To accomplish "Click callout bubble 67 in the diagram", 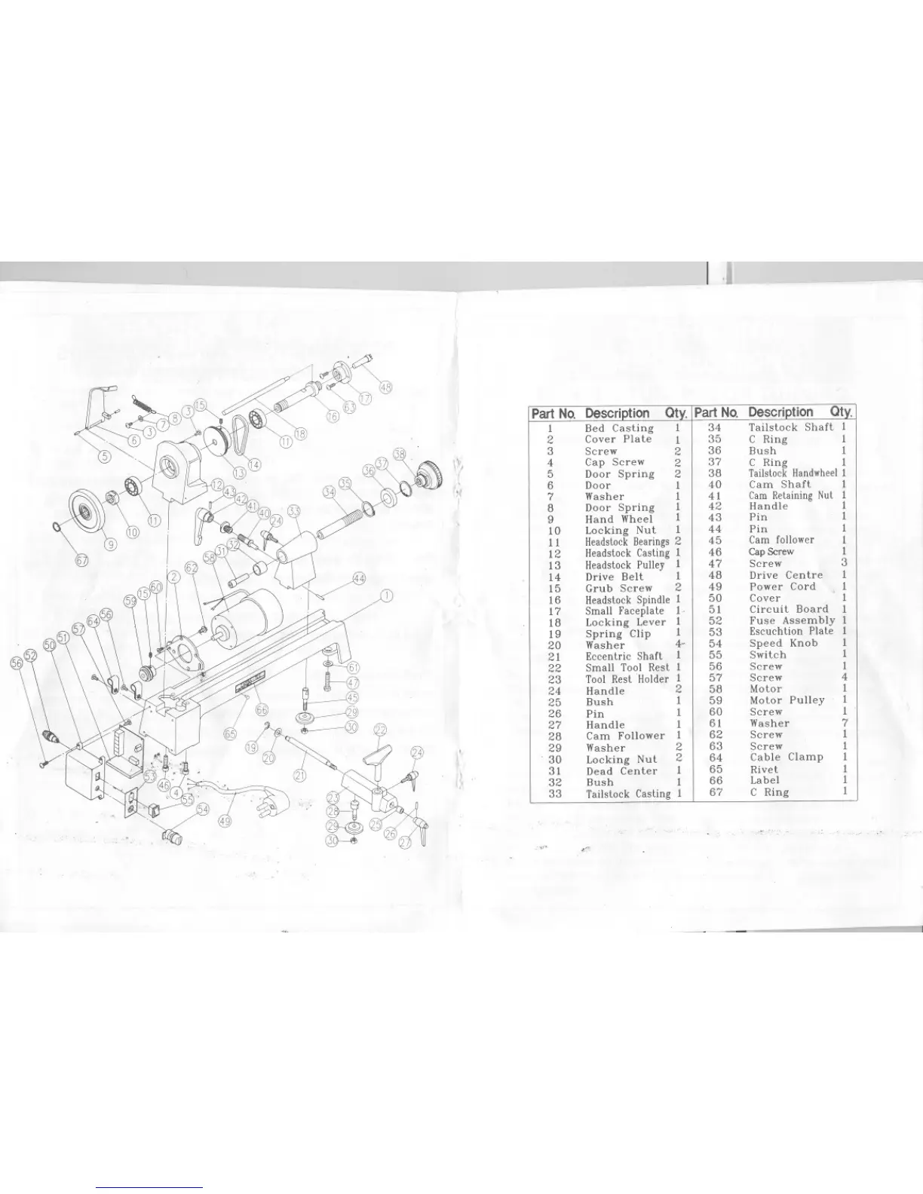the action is (82, 559).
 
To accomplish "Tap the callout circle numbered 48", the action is (385, 387).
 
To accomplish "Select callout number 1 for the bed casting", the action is (386, 597).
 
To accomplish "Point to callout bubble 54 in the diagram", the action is (203, 809).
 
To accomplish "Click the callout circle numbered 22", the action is (380, 730).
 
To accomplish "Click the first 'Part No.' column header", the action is (553, 413).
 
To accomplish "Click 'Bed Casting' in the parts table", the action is (619, 427).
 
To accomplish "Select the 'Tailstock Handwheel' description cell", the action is (793, 473).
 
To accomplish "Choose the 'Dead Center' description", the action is (621, 771).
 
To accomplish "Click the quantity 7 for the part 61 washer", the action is (845, 723).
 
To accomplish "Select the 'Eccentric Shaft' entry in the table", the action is (624, 656).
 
